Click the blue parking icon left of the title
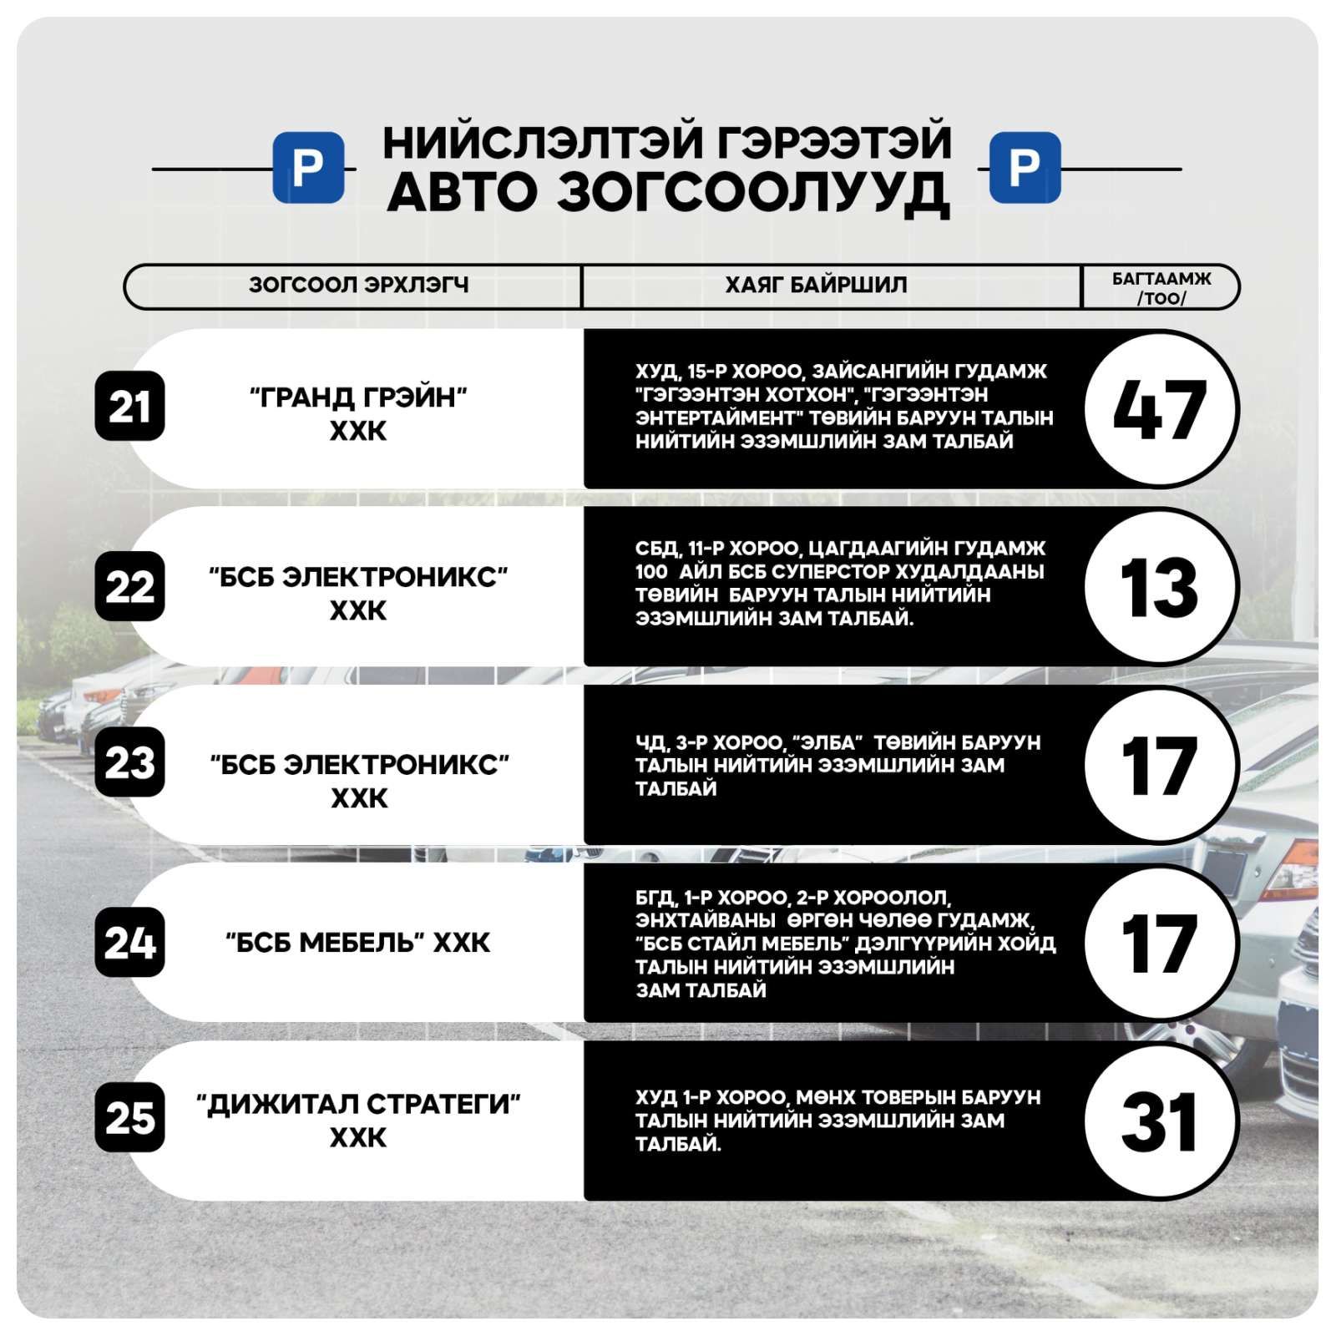click(x=308, y=167)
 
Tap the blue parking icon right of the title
click(x=1025, y=167)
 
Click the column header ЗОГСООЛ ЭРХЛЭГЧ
click(x=358, y=286)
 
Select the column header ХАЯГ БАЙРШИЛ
click(x=816, y=286)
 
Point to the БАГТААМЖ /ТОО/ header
click(x=1161, y=287)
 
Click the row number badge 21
click(x=129, y=407)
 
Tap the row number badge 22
click(x=129, y=586)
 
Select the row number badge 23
click(x=129, y=762)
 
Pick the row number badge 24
click(x=129, y=942)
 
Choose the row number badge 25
click(x=129, y=1118)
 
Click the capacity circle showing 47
click(x=1161, y=408)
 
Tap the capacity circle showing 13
click(x=1161, y=587)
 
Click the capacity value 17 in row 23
click(x=1161, y=765)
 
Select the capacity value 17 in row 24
click(x=1161, y=943)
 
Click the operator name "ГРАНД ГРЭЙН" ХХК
click(x=358, y=413)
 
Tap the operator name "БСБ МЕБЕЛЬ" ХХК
click(x=358, y=943)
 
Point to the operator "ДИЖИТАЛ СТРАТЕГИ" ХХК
click(x=358, y=1120)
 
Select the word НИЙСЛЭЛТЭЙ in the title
click(x=541, y=142)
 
